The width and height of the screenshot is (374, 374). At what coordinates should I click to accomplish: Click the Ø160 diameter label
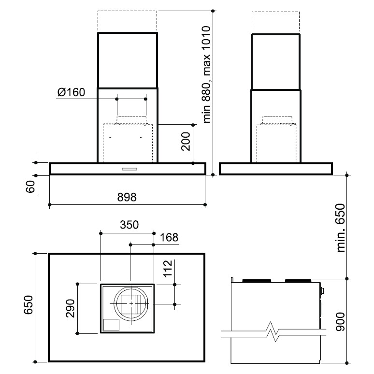(x=71, y=92)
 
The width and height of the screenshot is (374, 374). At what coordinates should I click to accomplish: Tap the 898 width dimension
(x=127, y=197)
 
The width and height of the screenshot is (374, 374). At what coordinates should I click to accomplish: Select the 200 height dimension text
(x=186, y=142)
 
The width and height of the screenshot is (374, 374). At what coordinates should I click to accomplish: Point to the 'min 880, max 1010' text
(x=206, y=74)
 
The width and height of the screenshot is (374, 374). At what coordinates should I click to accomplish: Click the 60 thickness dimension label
(x=30, y=187)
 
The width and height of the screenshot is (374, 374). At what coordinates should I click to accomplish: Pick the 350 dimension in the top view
(x=129, y=225)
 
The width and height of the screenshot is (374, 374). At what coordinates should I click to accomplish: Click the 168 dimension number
(x=169, y=238)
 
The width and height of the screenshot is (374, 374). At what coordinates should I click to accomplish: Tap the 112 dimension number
(x=168, y=268)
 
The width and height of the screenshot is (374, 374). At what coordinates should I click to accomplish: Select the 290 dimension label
(x=70, y=308)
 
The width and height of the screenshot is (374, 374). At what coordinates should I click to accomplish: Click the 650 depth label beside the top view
(x=29, y=305)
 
